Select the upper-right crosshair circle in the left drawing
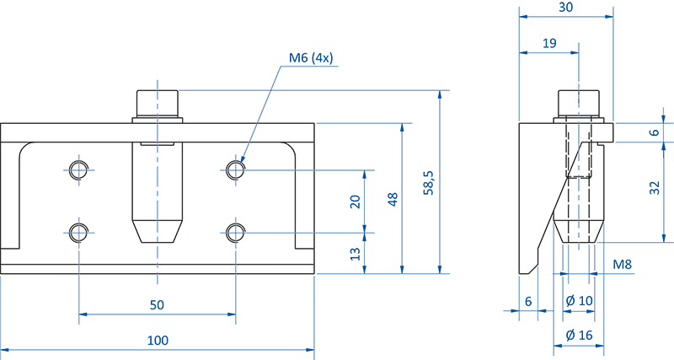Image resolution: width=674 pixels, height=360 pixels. pyautogui.click(x=235, y=171)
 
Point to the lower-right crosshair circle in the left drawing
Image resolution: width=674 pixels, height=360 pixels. pyautogui.click(x=235, y=231)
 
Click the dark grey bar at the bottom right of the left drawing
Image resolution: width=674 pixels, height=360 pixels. pyautogui.click(x=274, y=260)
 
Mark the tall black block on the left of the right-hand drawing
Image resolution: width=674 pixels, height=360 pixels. pyautogui.click(x=531, y=194)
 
